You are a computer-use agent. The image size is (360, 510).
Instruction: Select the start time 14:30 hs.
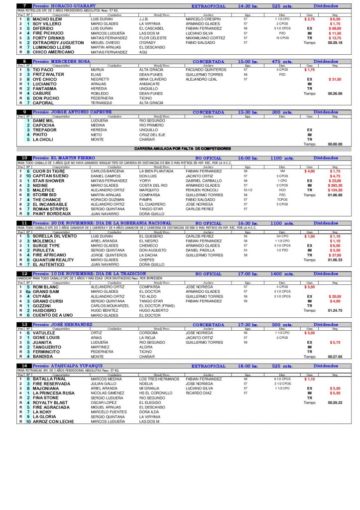[247, 5]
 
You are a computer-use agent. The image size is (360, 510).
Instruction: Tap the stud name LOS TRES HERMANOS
[158, 380]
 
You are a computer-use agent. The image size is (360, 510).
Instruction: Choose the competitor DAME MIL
[42, 121]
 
